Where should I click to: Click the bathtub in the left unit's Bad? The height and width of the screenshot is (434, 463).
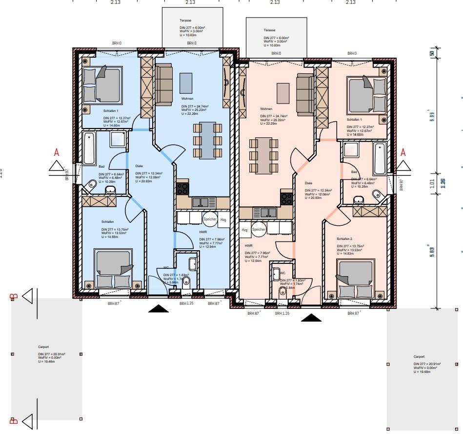coord(89,148)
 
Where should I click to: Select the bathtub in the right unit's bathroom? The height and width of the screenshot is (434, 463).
coord(380,159)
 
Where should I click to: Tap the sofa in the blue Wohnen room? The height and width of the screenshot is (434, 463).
coord(164,84)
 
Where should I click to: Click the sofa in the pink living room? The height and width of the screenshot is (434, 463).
coord(305,95)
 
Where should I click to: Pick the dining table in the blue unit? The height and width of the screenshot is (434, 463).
coord(208,141)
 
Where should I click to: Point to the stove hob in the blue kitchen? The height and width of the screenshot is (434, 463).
coord(182,188)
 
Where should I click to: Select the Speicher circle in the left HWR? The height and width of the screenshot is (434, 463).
coord(210,219)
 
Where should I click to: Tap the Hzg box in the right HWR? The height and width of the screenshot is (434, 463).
coord(245,229)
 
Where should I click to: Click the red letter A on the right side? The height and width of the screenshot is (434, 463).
coord(403,152)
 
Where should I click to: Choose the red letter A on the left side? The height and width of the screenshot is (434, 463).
coord(57,152)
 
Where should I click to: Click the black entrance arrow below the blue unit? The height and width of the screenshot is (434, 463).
coord(158,308)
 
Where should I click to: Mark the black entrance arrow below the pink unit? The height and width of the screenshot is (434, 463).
coord(311,318)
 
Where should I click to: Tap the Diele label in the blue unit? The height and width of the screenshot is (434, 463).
coord(139,166)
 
